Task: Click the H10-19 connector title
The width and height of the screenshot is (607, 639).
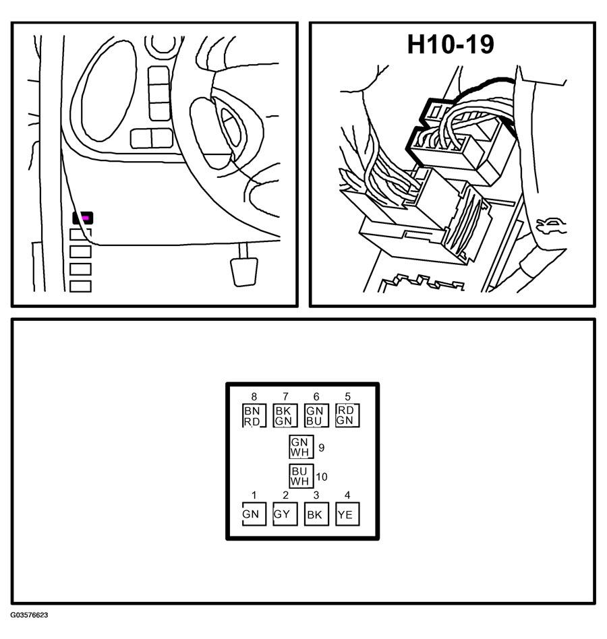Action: tap(451, 44)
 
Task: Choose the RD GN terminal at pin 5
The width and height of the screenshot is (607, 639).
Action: tap(347, 415)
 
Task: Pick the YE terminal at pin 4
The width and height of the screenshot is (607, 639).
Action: tap(347, 514)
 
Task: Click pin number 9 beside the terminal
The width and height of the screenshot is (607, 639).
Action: tap(321, 446)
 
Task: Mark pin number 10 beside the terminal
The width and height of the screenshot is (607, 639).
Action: tap(322, 477)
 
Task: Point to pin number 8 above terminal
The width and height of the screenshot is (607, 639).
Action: tap(254, 397)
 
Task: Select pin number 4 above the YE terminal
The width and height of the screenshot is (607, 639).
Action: tap(347, 495)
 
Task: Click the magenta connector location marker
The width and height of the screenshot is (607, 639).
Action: tap(86, 218)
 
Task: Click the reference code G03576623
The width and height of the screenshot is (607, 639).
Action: tap(29, 615)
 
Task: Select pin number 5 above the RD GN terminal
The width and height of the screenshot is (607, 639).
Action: tap(347, 397)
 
